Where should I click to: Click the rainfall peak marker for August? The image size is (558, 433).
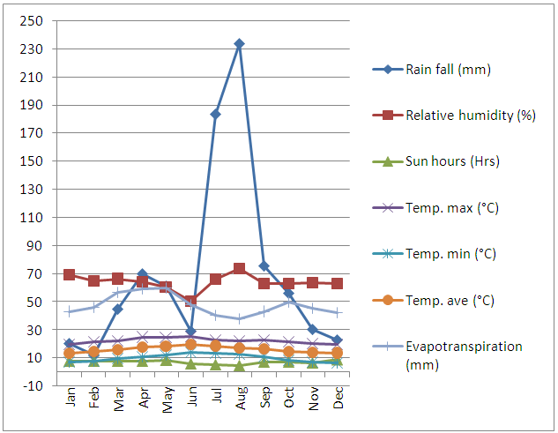[239, 43]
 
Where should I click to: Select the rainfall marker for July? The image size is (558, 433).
[215, 114]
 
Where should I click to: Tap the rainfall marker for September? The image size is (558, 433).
[264, 265]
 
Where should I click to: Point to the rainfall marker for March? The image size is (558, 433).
[118, 309]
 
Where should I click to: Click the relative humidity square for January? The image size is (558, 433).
[70, 274]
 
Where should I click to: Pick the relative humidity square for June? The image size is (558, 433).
[191, 302]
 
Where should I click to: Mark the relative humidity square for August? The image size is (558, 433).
[239, 268]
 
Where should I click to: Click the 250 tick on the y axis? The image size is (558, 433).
[34, 20]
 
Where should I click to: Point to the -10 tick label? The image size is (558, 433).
[33, 385]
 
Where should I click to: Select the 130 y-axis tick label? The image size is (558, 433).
[34, 189]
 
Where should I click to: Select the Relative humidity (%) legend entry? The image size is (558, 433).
[468, 116]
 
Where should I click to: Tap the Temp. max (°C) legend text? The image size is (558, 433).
[450, 207]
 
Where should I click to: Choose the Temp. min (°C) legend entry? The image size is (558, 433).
[450, 254]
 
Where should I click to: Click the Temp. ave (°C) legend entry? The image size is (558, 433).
[450, 300]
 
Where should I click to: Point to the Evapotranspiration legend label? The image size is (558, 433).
[463, 347]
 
